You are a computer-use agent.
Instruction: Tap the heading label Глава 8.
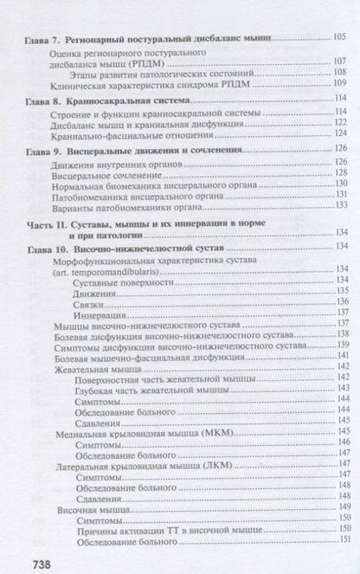coord(47,100)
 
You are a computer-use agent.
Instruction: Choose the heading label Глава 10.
coord(48,248)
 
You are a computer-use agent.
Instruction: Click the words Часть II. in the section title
coord(49,223)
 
